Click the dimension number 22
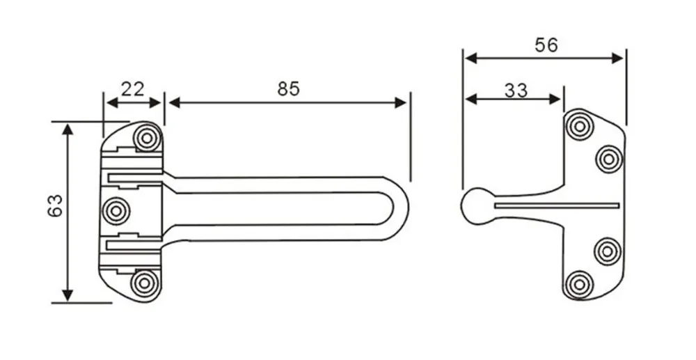coord(132,88)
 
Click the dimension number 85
coord(287,88)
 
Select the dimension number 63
coord(56,207)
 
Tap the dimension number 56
coord(546,45)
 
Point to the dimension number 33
coord(516,90)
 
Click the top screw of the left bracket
coord(147,138)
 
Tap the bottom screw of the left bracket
coord(145,283)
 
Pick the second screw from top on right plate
coord(608,159)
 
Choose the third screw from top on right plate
coord(608,251)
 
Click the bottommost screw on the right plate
coord(579,284)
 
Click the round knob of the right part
coord(475,207)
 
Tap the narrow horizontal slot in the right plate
coord(557,205)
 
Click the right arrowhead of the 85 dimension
coord(402,103)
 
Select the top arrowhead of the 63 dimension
coord(68,130)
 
